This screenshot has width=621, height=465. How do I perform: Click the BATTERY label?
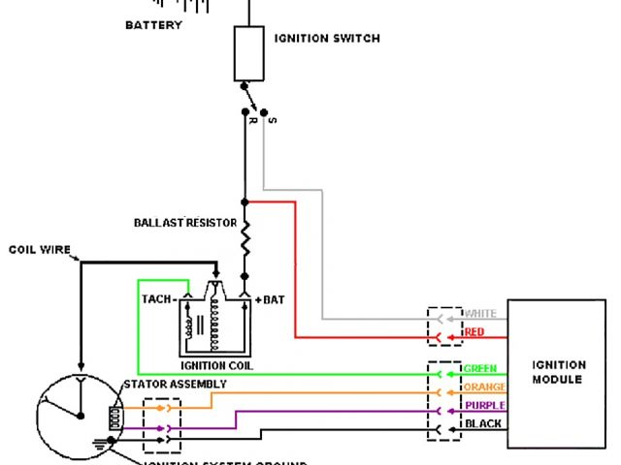(x=153, y=25)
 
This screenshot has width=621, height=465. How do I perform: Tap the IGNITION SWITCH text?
(x=327, y=39)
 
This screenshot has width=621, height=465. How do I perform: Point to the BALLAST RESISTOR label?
(x=185, y=223)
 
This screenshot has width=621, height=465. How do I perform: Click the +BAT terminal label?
(x=270, y=300)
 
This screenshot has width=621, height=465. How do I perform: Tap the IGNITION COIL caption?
(x=216, y=366)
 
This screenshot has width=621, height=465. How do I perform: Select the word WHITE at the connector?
(x=480, y=314)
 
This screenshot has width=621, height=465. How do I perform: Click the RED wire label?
(x=474, y=332)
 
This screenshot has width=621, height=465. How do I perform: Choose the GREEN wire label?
(x=481, y=369)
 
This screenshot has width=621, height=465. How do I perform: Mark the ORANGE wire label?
(x=485, y=387)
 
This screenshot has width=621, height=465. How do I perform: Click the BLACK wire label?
(x=483, y=424)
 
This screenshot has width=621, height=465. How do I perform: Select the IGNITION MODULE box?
(x=558, y=373)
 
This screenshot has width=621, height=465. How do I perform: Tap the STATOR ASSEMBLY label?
(x=175, y=385)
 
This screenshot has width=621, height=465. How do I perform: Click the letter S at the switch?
(x=273, y=120)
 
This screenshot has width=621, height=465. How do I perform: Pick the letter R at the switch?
(x=251, y=120)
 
